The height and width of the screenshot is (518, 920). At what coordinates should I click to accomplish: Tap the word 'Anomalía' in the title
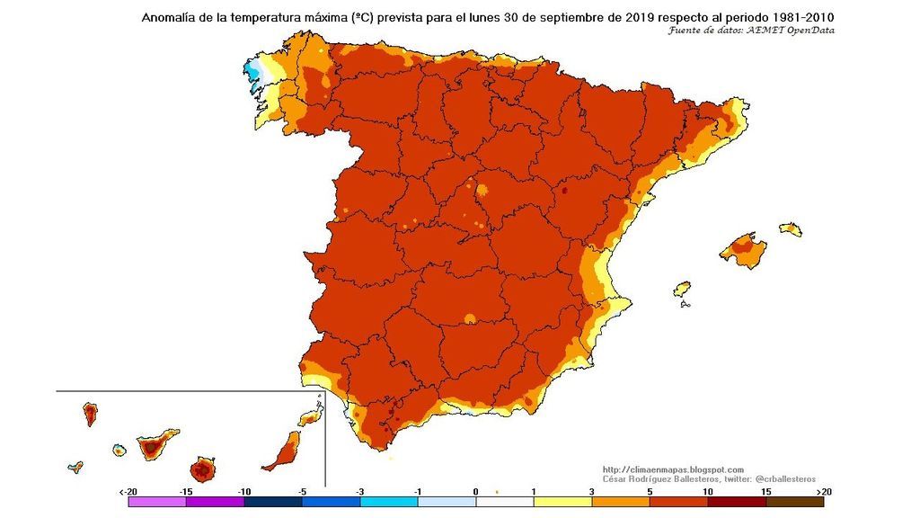point(172,17)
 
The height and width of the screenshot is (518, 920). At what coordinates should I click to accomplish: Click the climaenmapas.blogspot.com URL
point(673,469)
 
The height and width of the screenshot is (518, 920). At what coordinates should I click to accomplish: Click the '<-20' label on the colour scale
point(128,492)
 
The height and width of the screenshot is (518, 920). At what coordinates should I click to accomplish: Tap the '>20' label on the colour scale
point(822,492)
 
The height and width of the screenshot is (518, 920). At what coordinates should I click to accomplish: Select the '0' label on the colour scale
point(475,492)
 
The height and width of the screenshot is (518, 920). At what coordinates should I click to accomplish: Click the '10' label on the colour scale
point(708,492)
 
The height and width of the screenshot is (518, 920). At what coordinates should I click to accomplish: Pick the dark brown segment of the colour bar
point(794,504)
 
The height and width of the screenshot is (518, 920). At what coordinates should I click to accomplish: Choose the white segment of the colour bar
point(504,504)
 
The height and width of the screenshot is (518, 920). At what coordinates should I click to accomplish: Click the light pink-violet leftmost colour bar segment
point(156,504)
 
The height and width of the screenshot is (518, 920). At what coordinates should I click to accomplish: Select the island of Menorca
point(791,228)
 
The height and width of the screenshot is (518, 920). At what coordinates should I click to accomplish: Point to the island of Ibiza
point(683,290)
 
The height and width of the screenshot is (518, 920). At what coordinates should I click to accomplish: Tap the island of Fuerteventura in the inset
point(285,450)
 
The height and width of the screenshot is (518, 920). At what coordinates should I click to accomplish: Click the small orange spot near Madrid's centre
point(482,190)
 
